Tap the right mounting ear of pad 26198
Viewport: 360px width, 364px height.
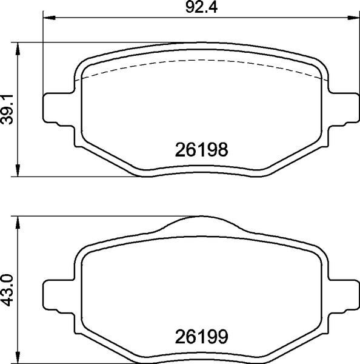coord(342,110)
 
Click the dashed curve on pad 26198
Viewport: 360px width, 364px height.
coord(200,61)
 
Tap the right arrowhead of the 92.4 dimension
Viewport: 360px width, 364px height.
coord(354,19)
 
